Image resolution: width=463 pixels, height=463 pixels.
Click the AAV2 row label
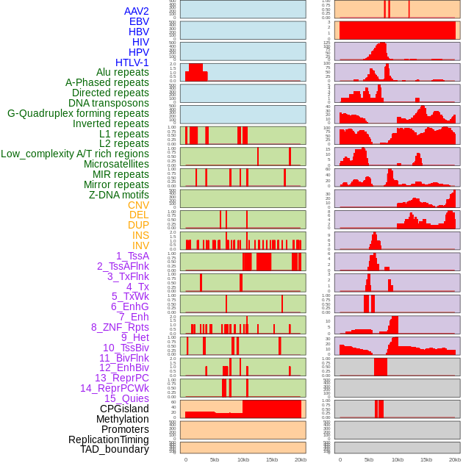pyautogui.click(x=136, y=11)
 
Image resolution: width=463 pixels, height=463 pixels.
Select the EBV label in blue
pyautogui.click(x=139, y=21)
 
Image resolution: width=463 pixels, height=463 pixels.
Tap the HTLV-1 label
pyautogui.click(x=132, y=62)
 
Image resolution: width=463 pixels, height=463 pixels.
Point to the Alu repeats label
pyautogui.click(x=122, y=72)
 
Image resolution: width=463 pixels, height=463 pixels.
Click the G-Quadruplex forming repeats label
pyautogui.click(x=78, y=113)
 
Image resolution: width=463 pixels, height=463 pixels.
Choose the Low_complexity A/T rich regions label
pyautogui.click(x=75, y=154)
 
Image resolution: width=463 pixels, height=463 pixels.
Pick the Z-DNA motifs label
pyautogui.click(x=119, y=195)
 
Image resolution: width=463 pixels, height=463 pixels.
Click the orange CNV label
pyautogui.click(x=138, y=205)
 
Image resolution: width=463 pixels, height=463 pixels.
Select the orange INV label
pyautogui.click(x=140, y=245)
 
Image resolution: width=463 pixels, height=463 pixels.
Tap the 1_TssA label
pyautogui.click(x=132, y=256)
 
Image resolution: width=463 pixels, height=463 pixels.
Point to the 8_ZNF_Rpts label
pyautogui.click(x=120, y=327)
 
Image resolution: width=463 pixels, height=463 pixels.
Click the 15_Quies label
pyautogui.click(x=126, y=398)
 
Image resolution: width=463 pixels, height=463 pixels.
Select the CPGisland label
pyautogui.click(x=124, y=409)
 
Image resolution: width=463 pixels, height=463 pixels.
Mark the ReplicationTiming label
pyautogui.click(x=108, y=439)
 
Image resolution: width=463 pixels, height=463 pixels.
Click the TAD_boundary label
pyautogui.click(x=115, y=449)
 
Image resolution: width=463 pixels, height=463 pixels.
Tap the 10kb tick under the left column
pyautogui.click(x=243, y=459)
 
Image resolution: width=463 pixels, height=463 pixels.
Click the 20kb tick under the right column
pyautogui.click(x=455, y=459)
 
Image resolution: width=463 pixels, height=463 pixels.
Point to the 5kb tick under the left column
pyautogui.click(x=215, y=459)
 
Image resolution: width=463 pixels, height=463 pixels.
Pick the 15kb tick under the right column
pyautogui.click(x=426, y=459)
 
